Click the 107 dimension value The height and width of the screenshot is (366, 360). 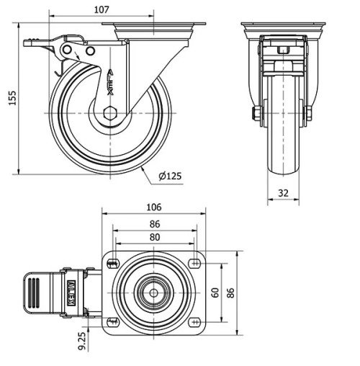point(102,9)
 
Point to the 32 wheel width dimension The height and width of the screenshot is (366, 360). point(284,192)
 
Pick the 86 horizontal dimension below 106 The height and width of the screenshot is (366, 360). point(153,224)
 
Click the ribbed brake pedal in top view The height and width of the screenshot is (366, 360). point(36,293)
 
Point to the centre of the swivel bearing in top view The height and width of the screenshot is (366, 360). point(153,293)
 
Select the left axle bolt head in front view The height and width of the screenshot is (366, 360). point(255,114)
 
